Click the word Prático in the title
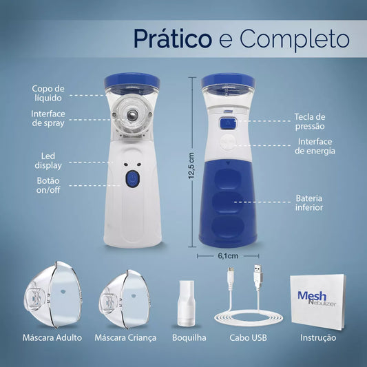coord(173,39)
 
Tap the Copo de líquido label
coord(48,93)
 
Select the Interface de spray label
coord(48,118)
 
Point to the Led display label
coord(48,161)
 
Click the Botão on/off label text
coord(48,185)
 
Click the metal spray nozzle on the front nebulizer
coord(132,115)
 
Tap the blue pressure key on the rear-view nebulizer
coord(228,123)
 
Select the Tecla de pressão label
coord(310,121)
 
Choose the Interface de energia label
coord(315,146)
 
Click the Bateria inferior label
coord(309,202)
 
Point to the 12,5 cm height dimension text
coord(191,165)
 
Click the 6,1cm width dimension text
coord(228,256)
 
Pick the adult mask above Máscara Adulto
coord(53,295)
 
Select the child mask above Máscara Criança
coord(124,299)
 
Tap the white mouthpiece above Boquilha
coord(187,304)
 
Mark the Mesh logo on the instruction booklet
coord(312,296)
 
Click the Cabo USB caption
coord(248,337)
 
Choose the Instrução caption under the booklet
coord(318,338)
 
